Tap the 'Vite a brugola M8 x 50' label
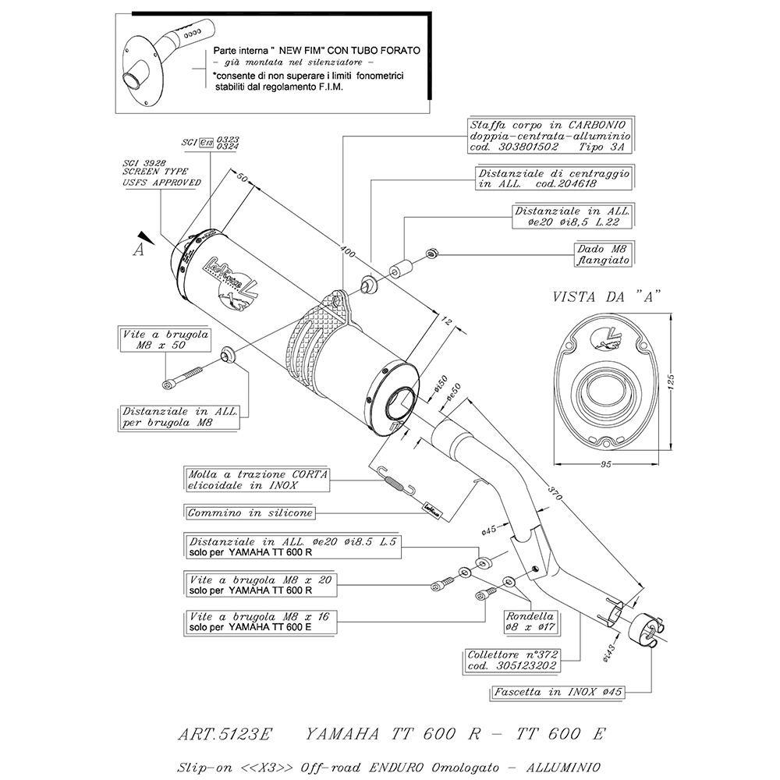click(155, 340)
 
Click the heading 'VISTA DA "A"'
click(606, 297)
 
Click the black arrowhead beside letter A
click(141, 236)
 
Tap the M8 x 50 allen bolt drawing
click(183, 378)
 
